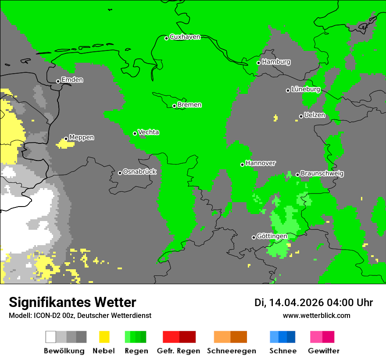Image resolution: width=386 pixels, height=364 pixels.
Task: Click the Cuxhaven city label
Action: tap(185, 37)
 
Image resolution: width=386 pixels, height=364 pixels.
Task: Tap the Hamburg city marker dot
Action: tap(259, 63)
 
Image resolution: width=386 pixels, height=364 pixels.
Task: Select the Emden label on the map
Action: tap(72, 80)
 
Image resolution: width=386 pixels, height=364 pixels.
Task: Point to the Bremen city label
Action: tap(189, 105)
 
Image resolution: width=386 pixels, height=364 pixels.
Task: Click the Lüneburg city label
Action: tap(306, 89)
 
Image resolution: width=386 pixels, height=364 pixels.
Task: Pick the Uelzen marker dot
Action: tap(301, 116)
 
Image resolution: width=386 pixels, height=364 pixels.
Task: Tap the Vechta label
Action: tap(148, 132)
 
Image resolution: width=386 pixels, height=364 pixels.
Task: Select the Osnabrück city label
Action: tap(139, 172)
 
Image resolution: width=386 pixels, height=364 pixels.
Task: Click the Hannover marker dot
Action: tap(242, 164)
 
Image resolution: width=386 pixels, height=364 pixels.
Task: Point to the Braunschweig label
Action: tap(322, 174)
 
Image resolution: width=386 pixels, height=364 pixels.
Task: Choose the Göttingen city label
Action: tap(272, 236)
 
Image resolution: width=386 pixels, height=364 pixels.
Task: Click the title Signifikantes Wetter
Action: tap(72, 302)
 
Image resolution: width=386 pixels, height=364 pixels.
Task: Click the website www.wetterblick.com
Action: tap(316, 315)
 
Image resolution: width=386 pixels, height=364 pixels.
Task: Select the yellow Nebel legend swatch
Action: tap(104, 337)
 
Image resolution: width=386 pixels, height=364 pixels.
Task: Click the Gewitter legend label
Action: tap(324, 351)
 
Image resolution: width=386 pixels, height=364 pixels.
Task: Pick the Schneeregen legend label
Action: tap(232, 351)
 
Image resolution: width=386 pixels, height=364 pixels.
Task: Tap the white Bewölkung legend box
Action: tap(51, 337)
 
